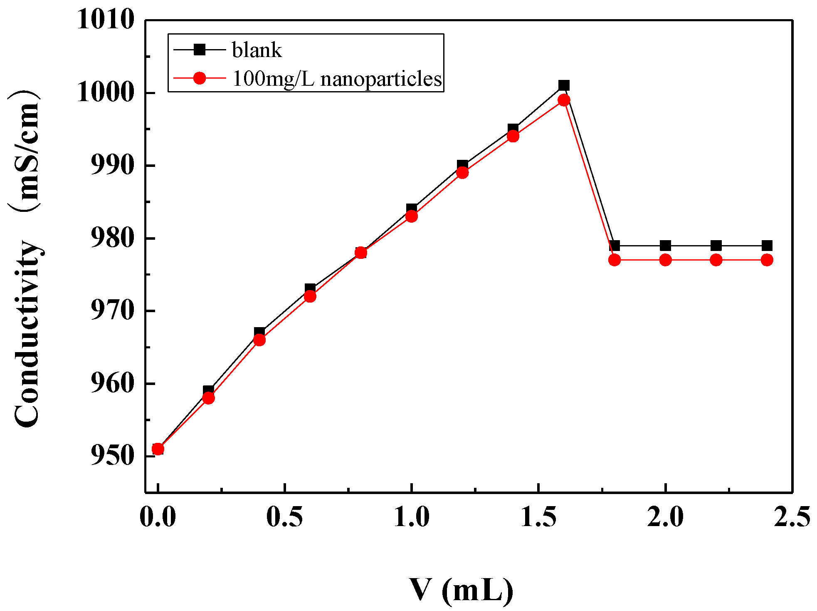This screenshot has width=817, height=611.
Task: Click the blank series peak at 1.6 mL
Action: (x=564, y=85)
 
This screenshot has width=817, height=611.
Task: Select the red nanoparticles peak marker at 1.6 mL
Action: (x=564, y=100)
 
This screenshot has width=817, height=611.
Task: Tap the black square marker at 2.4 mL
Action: (x=767, y=245)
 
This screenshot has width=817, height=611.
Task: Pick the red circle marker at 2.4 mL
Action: (x=767, y=260)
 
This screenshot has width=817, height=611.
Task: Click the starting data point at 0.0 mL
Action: (x=158, y=449)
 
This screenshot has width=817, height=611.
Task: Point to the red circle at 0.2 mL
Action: (x=209, y=398)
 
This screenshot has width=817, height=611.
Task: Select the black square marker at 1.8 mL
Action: (x=615, y=246)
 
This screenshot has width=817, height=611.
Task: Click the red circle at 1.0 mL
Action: (x=412, y=216)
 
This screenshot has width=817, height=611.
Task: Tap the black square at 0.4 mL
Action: (x=259, y=333)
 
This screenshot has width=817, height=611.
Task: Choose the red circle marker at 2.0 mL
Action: (x=665, y=260)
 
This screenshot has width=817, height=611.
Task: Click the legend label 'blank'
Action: (x=257, y=50)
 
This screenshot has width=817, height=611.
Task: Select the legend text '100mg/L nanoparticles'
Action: (x=337, y=79)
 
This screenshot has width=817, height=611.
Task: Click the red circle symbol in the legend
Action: (x=200, y=78)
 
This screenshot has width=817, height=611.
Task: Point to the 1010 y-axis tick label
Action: (x=106, y=20)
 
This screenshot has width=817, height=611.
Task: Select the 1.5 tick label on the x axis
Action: (x=538, y=517)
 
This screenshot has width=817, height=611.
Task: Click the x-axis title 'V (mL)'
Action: (x=462, y=590)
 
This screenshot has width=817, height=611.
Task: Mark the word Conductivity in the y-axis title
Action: (x=27, y=333)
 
